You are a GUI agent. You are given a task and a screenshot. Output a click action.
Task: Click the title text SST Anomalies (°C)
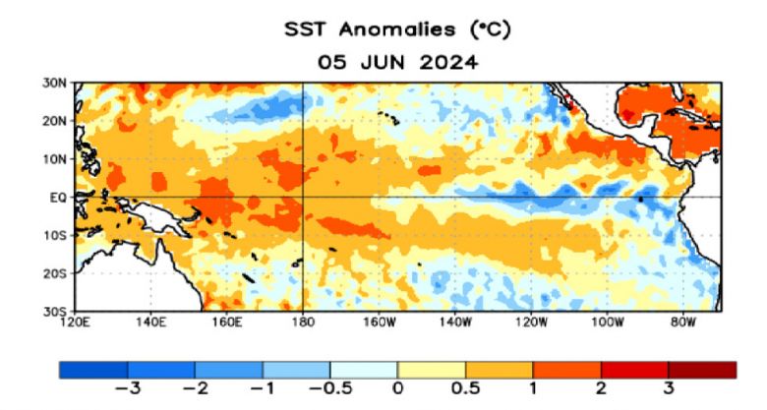396,29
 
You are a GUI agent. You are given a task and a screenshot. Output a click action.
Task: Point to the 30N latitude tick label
54,83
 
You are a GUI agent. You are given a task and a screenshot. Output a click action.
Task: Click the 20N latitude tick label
54,121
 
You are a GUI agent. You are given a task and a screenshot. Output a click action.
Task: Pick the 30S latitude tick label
54,311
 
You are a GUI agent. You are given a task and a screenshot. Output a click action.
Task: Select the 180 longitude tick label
304,322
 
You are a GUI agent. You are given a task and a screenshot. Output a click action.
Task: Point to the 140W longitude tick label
454,322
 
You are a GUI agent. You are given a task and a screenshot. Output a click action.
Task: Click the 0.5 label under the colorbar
464,388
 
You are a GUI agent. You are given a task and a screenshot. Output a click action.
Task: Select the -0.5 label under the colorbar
328,388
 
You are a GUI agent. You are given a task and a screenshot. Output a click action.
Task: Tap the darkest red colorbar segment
702,370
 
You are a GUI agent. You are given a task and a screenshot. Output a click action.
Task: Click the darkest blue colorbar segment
92,370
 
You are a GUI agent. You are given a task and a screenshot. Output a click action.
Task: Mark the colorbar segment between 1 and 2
566,370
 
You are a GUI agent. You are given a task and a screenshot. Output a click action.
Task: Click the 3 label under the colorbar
669,388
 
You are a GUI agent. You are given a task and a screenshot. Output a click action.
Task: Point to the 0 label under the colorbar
397,388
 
